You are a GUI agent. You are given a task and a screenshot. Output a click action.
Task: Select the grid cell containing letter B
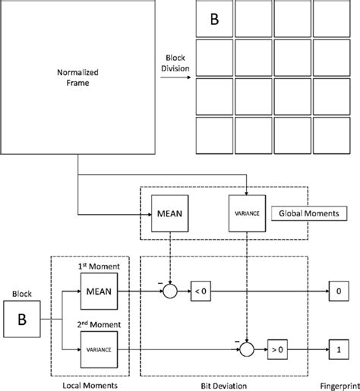coord(214,20)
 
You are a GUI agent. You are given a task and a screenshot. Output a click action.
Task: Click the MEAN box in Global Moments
coord(170,215)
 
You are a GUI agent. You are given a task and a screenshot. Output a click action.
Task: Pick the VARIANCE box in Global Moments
coord(248,215)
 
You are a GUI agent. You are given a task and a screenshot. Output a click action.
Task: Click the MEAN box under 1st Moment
coord(99,292)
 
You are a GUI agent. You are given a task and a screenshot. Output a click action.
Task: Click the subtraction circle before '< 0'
coord(172,292)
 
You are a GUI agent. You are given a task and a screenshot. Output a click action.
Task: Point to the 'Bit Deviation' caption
coord(224,383)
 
